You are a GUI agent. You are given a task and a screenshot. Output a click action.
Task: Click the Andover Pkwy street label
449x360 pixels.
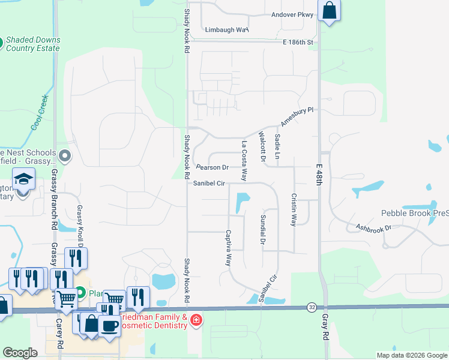[x=292, y=14]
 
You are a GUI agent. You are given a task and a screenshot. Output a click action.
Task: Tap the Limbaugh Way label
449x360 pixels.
[x=226, y=29]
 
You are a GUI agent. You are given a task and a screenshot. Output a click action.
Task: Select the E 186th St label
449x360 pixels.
[x=298, y=43]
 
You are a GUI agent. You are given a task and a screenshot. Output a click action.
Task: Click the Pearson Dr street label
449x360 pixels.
[x=212, y=167]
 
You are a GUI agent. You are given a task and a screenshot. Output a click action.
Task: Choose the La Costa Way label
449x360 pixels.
[x=244, y=161]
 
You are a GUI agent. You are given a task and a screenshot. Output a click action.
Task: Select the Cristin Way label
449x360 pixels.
[x=294, y=209]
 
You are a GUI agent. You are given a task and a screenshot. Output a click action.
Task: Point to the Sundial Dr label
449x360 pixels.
[x=262, y=230]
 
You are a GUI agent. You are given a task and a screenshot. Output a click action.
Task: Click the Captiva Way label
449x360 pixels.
[x=228, y=248]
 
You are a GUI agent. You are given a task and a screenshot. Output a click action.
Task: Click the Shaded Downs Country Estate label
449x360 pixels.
[x=33, y=44]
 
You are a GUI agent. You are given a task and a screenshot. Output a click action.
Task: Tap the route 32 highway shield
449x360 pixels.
[x=311, y=307]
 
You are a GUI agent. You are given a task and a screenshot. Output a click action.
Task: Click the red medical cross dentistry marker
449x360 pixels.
[x=196, y=321]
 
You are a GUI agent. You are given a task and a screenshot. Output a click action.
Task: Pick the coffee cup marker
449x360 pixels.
[x=109, y=326]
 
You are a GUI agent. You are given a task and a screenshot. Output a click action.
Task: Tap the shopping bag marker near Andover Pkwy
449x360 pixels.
[x=329, y=10]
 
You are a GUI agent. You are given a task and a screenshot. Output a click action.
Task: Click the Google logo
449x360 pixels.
[x=20, y=353]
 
